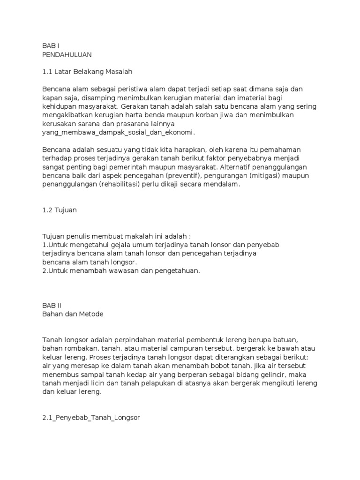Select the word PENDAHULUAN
coord(67,54)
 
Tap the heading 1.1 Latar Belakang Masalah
coord(88,72)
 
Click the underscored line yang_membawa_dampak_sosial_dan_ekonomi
coord(118,132)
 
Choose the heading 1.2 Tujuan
coord(59,210)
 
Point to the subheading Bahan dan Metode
coord(73,314)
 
